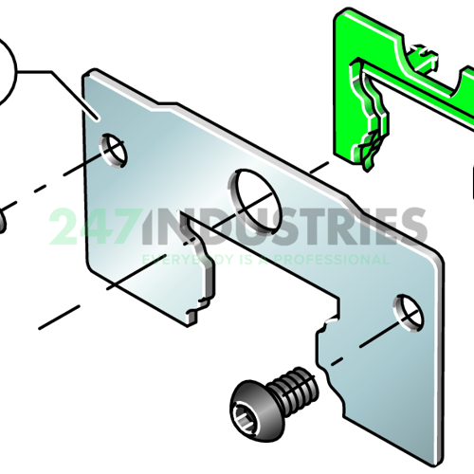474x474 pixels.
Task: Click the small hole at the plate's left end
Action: point(115,150)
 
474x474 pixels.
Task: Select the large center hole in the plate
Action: point(250,190)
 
